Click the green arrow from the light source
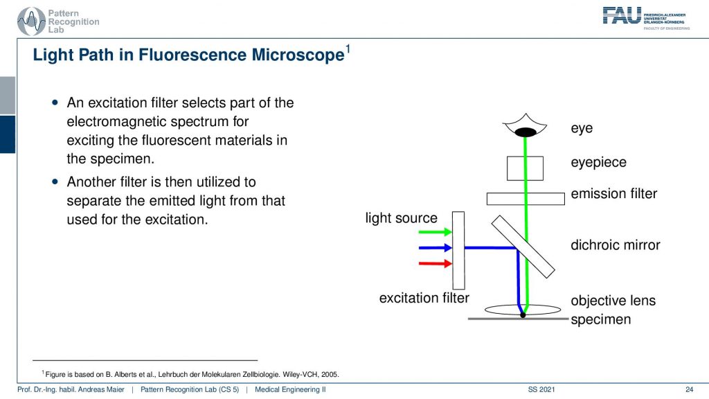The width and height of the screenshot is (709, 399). pyautogui.click(x=435, y=232)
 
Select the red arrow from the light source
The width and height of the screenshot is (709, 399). pyautogui.click(x=435, y=263)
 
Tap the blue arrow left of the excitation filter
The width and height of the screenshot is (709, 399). pyautogui.click(x=435, y=247)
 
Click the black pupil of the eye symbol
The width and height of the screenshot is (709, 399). pyautogui.click(x=526, y=132)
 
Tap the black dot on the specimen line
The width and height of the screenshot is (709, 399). pyautogui.click(x=523, y=315)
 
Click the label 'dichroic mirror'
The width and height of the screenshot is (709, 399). pyautogui.click(x=616, y=245)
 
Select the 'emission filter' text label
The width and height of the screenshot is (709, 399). pyautogui.click(x=613, y=194)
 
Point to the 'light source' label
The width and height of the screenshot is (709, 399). pyautogui.click(x=402, y=218)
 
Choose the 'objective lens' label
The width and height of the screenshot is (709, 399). pyautogui.click(x=613, y=301)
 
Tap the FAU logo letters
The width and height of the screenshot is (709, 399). pyautogui.click(x=622, y=15)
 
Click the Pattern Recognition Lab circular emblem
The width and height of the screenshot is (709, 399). pyautogui.click(x=31, y=21)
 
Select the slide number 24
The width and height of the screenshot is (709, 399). pyautogui.click(x=689, y=389)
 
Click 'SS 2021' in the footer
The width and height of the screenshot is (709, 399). pyautogui.click(x=541, y=389)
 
